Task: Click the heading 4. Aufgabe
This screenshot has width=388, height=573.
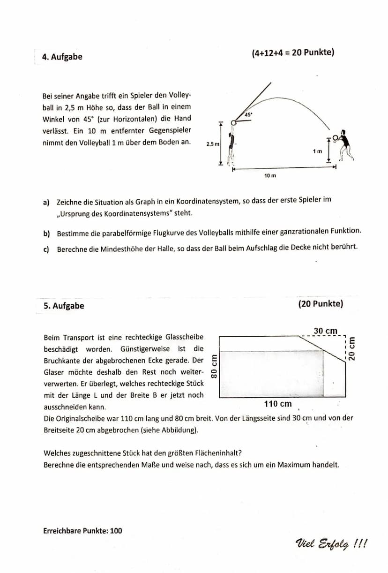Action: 62,57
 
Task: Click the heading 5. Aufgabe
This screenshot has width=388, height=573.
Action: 64,306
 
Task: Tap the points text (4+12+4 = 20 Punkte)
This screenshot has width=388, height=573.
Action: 292,52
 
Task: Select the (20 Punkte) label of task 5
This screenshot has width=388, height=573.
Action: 321,304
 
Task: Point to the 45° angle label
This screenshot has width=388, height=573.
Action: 248,114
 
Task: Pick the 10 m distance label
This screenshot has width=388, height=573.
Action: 270,175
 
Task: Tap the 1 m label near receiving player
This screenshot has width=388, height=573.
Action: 317,151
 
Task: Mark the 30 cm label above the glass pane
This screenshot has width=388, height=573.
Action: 325,331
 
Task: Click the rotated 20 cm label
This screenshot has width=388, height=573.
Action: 352,349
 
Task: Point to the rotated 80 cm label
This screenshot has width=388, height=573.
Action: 214,367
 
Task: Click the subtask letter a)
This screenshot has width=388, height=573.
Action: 46,202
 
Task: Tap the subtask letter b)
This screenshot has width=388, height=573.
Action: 46,233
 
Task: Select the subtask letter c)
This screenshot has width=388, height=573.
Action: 46,249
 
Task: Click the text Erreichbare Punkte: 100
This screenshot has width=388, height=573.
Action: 82,531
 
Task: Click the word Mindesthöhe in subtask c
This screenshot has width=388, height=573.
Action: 123,249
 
